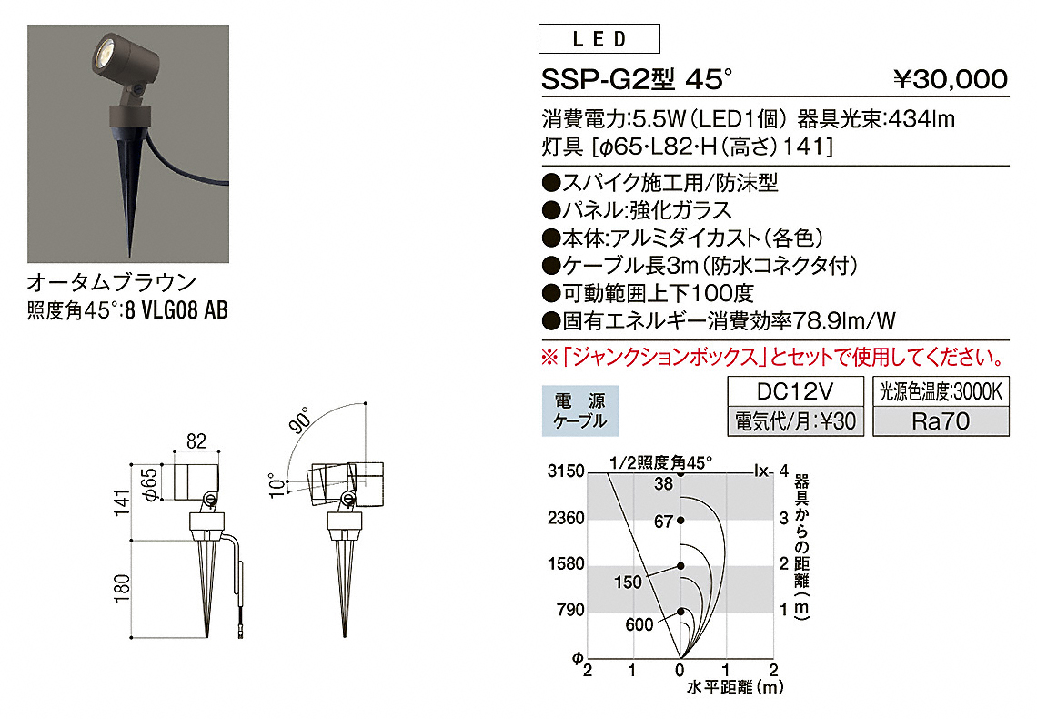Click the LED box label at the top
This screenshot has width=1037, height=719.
coord(599,39)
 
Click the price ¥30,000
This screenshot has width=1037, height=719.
coord(951,79)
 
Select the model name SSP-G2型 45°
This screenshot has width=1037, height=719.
coord(637,79)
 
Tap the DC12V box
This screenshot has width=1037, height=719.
coord(795,391)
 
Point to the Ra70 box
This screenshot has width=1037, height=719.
coord(941,421)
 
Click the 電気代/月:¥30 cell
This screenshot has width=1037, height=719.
coord(795,421)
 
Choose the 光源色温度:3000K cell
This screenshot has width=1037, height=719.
coord(941,391)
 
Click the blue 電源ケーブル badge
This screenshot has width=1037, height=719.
coord(580,410)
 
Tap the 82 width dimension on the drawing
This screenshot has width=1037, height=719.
coord(196,441)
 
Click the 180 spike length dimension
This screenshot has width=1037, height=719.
coord(122,588)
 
